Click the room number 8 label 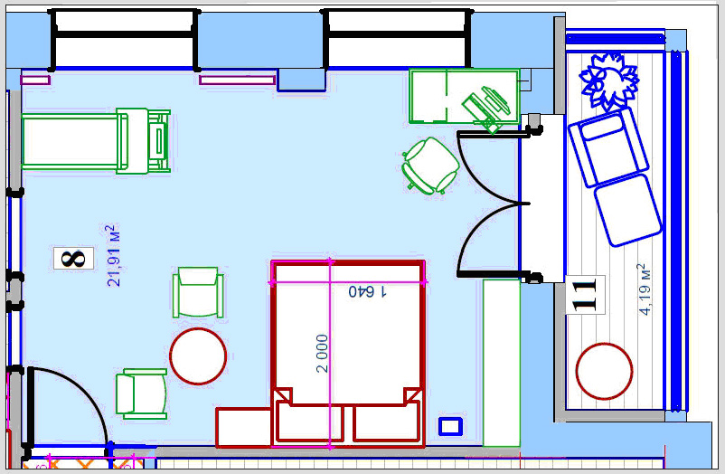pos(73,259)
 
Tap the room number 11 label pos(585,294)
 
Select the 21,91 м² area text pos(113,255)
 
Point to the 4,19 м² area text pos(644,289)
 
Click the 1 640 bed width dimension pos(368,291)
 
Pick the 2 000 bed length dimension pos(323,354)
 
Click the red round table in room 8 pos(198,356)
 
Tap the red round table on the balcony pos(604,371)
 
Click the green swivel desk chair pos(430,166)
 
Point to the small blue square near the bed pos(450,426)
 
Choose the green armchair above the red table pos(198,292)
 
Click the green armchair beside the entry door pos(142,393)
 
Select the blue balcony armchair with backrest pos(608,147)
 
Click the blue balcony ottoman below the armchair pos(627,210)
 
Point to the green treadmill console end pos(158,141)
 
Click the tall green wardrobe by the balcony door pos(502,363)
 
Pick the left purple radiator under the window pos(35,81)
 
